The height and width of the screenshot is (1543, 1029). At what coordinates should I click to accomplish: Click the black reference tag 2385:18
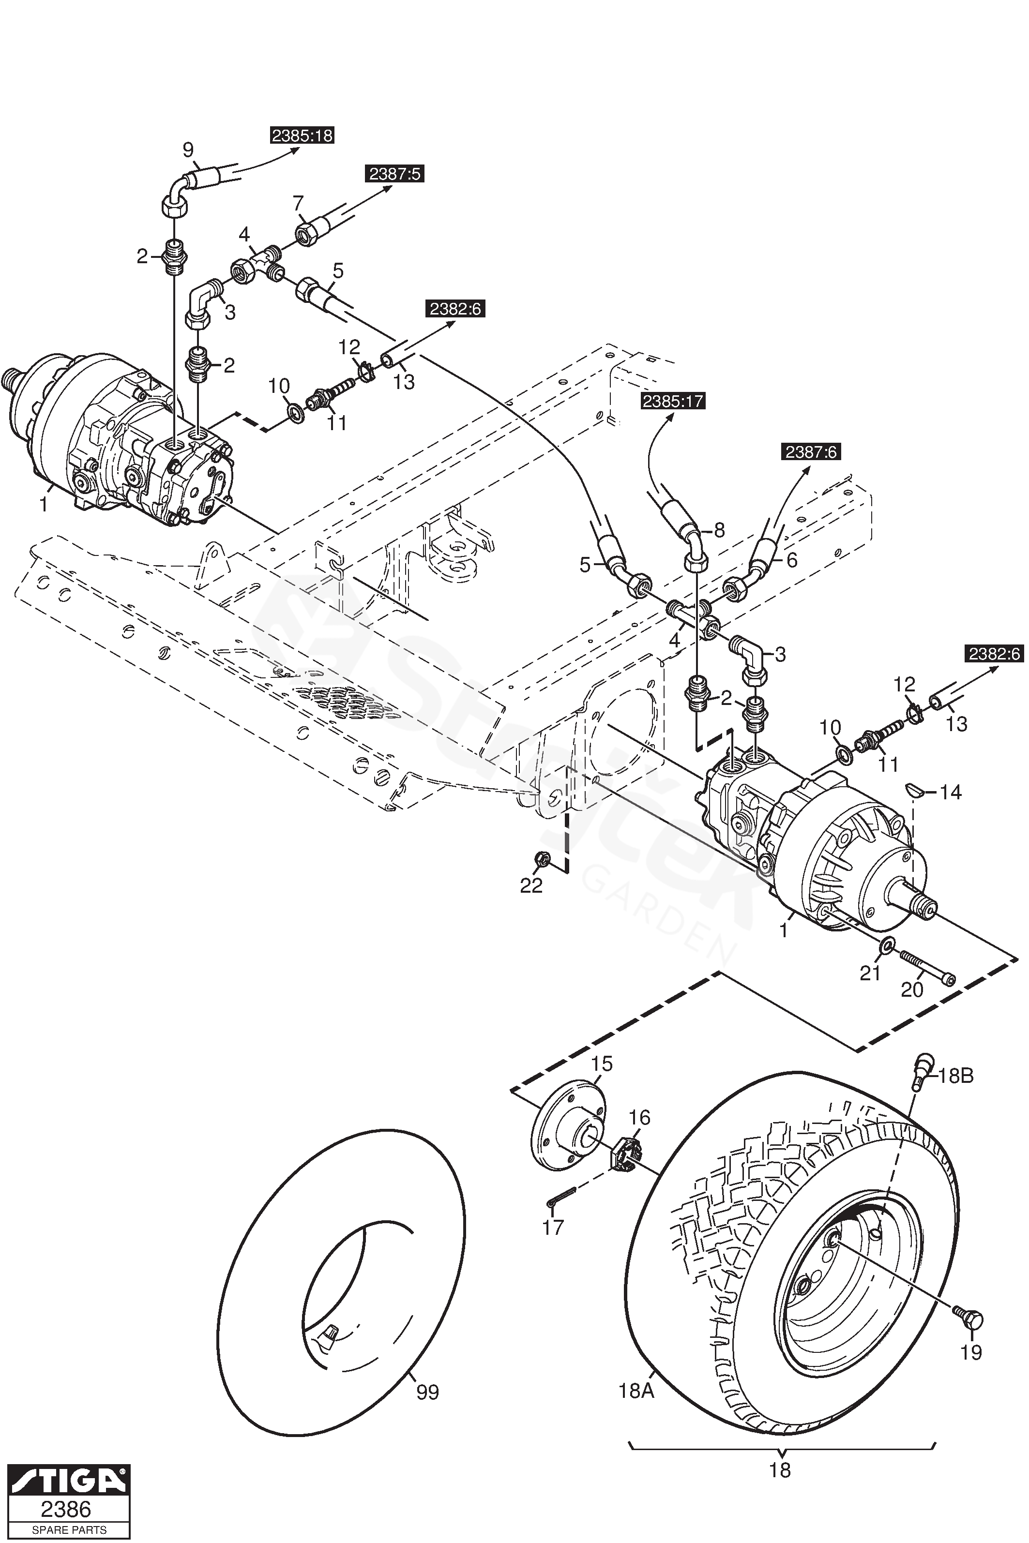point(303,136)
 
